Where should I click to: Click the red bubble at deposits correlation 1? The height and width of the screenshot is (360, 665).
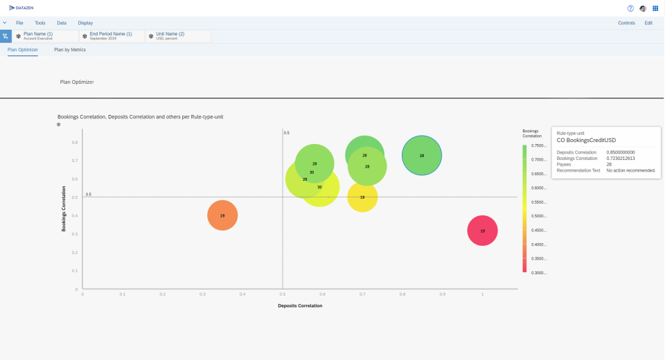click(482, 231)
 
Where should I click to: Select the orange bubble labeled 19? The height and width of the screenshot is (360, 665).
click(222, 215)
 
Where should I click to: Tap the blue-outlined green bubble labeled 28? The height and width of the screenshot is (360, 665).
click(422, 156)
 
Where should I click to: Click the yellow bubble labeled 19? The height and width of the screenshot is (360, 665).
click(362, 197)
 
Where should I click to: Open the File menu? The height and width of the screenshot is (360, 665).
click(19, 23)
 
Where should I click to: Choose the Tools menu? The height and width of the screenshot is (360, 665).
click(40, 23)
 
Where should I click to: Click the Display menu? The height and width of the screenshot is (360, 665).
click(85, 23)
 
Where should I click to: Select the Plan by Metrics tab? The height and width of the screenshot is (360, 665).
click(70, 50)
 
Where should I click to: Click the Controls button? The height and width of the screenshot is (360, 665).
click(626, 23)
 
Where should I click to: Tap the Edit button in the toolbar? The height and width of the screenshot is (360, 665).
click(648, 23)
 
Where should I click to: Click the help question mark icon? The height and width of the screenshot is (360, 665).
click(630, 8)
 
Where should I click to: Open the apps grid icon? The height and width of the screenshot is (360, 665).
click(655, 8)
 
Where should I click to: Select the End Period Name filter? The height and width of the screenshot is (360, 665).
click(110, 35)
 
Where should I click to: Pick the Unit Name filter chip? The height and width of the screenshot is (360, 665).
click(170, 35)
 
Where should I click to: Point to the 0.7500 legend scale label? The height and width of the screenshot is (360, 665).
click(538, 145)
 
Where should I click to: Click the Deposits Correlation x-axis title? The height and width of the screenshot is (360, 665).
click(300, 305)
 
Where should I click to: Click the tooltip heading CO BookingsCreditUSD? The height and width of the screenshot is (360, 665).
click(586, 140)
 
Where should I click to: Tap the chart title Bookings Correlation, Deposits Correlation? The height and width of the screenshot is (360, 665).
click(140, 117)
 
